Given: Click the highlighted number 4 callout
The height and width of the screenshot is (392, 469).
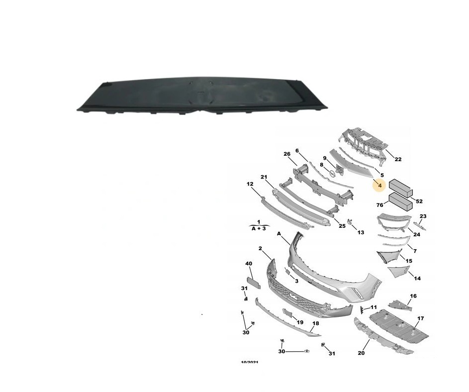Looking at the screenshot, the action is point(379,186).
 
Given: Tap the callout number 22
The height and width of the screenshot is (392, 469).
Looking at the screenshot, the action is point(398,159).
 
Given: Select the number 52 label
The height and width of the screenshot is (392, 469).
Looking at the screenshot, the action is point(419,201).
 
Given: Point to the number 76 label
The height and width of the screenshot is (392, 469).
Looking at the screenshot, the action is point(379,205).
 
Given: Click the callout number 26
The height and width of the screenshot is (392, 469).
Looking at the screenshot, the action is point(287,154).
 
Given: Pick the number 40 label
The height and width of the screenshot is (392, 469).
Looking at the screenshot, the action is point(249,264).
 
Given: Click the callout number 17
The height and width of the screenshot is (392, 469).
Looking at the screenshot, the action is point(421,318).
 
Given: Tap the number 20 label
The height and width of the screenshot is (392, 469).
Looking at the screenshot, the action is point(361,353).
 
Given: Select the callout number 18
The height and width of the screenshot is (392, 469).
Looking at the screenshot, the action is point(315,323).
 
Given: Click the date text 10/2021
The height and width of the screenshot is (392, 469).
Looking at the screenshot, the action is point(250,363).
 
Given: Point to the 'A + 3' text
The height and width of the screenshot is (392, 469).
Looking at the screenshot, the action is point(259,229).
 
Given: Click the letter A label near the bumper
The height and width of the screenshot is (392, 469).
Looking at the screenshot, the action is point(279,233).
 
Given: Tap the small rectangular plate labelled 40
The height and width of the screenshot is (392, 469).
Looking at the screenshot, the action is point(253,283).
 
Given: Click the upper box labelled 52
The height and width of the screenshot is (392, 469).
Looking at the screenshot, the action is point(401,188).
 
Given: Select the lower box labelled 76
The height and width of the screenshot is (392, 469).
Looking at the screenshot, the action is point(401,201).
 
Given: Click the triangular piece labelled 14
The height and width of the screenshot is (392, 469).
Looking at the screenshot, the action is point(398,271).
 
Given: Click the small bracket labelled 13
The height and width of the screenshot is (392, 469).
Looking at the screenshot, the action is point(350,222).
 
